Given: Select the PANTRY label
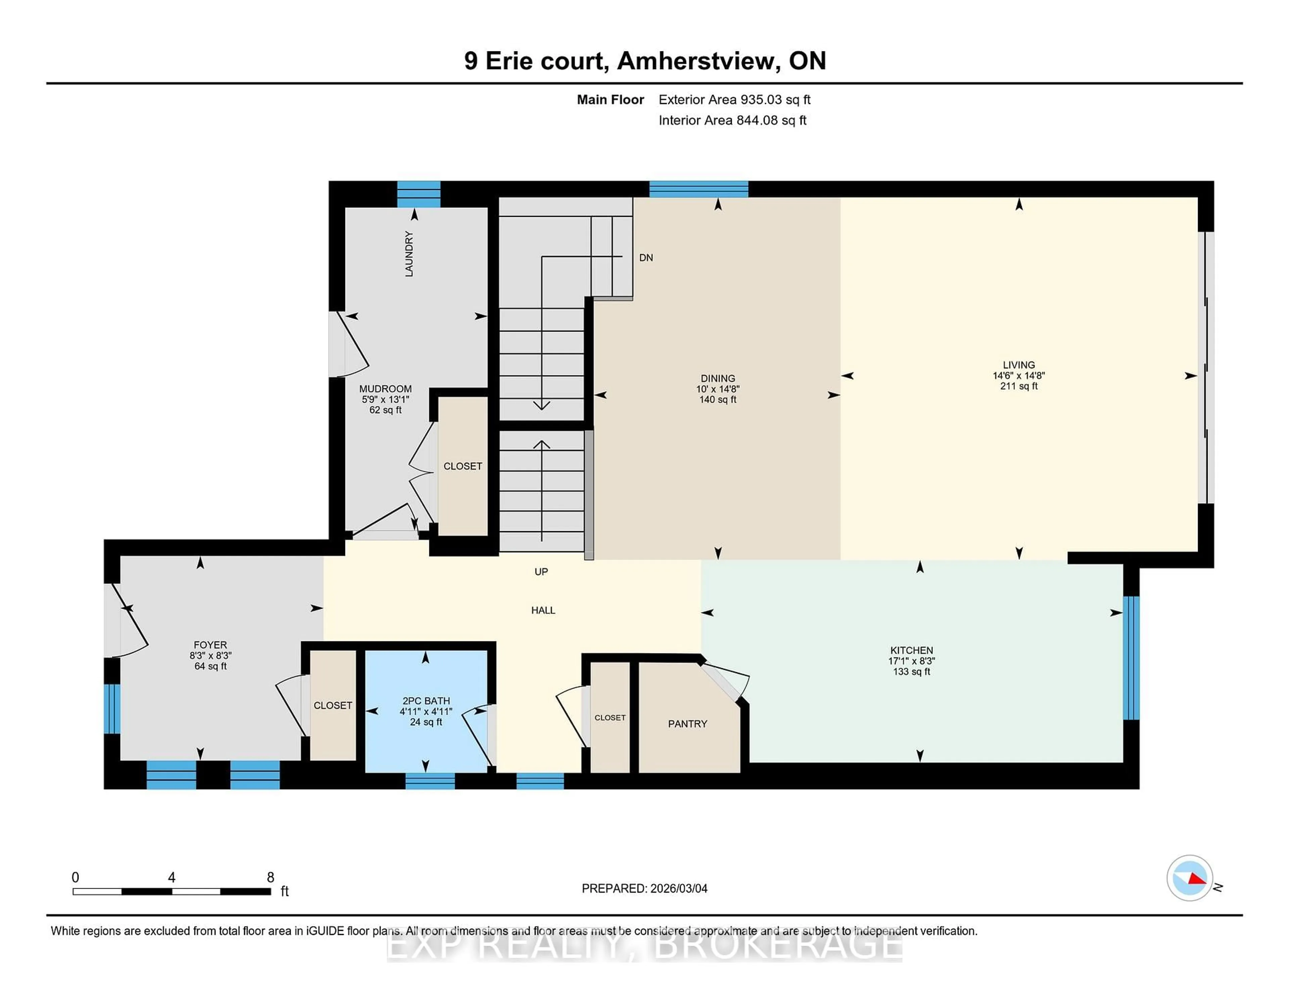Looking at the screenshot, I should [687, 724].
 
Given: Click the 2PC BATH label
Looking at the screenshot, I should [426, 700].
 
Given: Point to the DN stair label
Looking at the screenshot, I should [646, 257].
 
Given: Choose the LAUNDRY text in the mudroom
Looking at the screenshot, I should [409, 254].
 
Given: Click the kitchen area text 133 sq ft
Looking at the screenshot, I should [911, 671].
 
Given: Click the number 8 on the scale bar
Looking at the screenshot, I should [270, 878].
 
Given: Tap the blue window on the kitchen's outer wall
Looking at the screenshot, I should [1130, 657].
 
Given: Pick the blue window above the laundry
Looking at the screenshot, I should [419, 194].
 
